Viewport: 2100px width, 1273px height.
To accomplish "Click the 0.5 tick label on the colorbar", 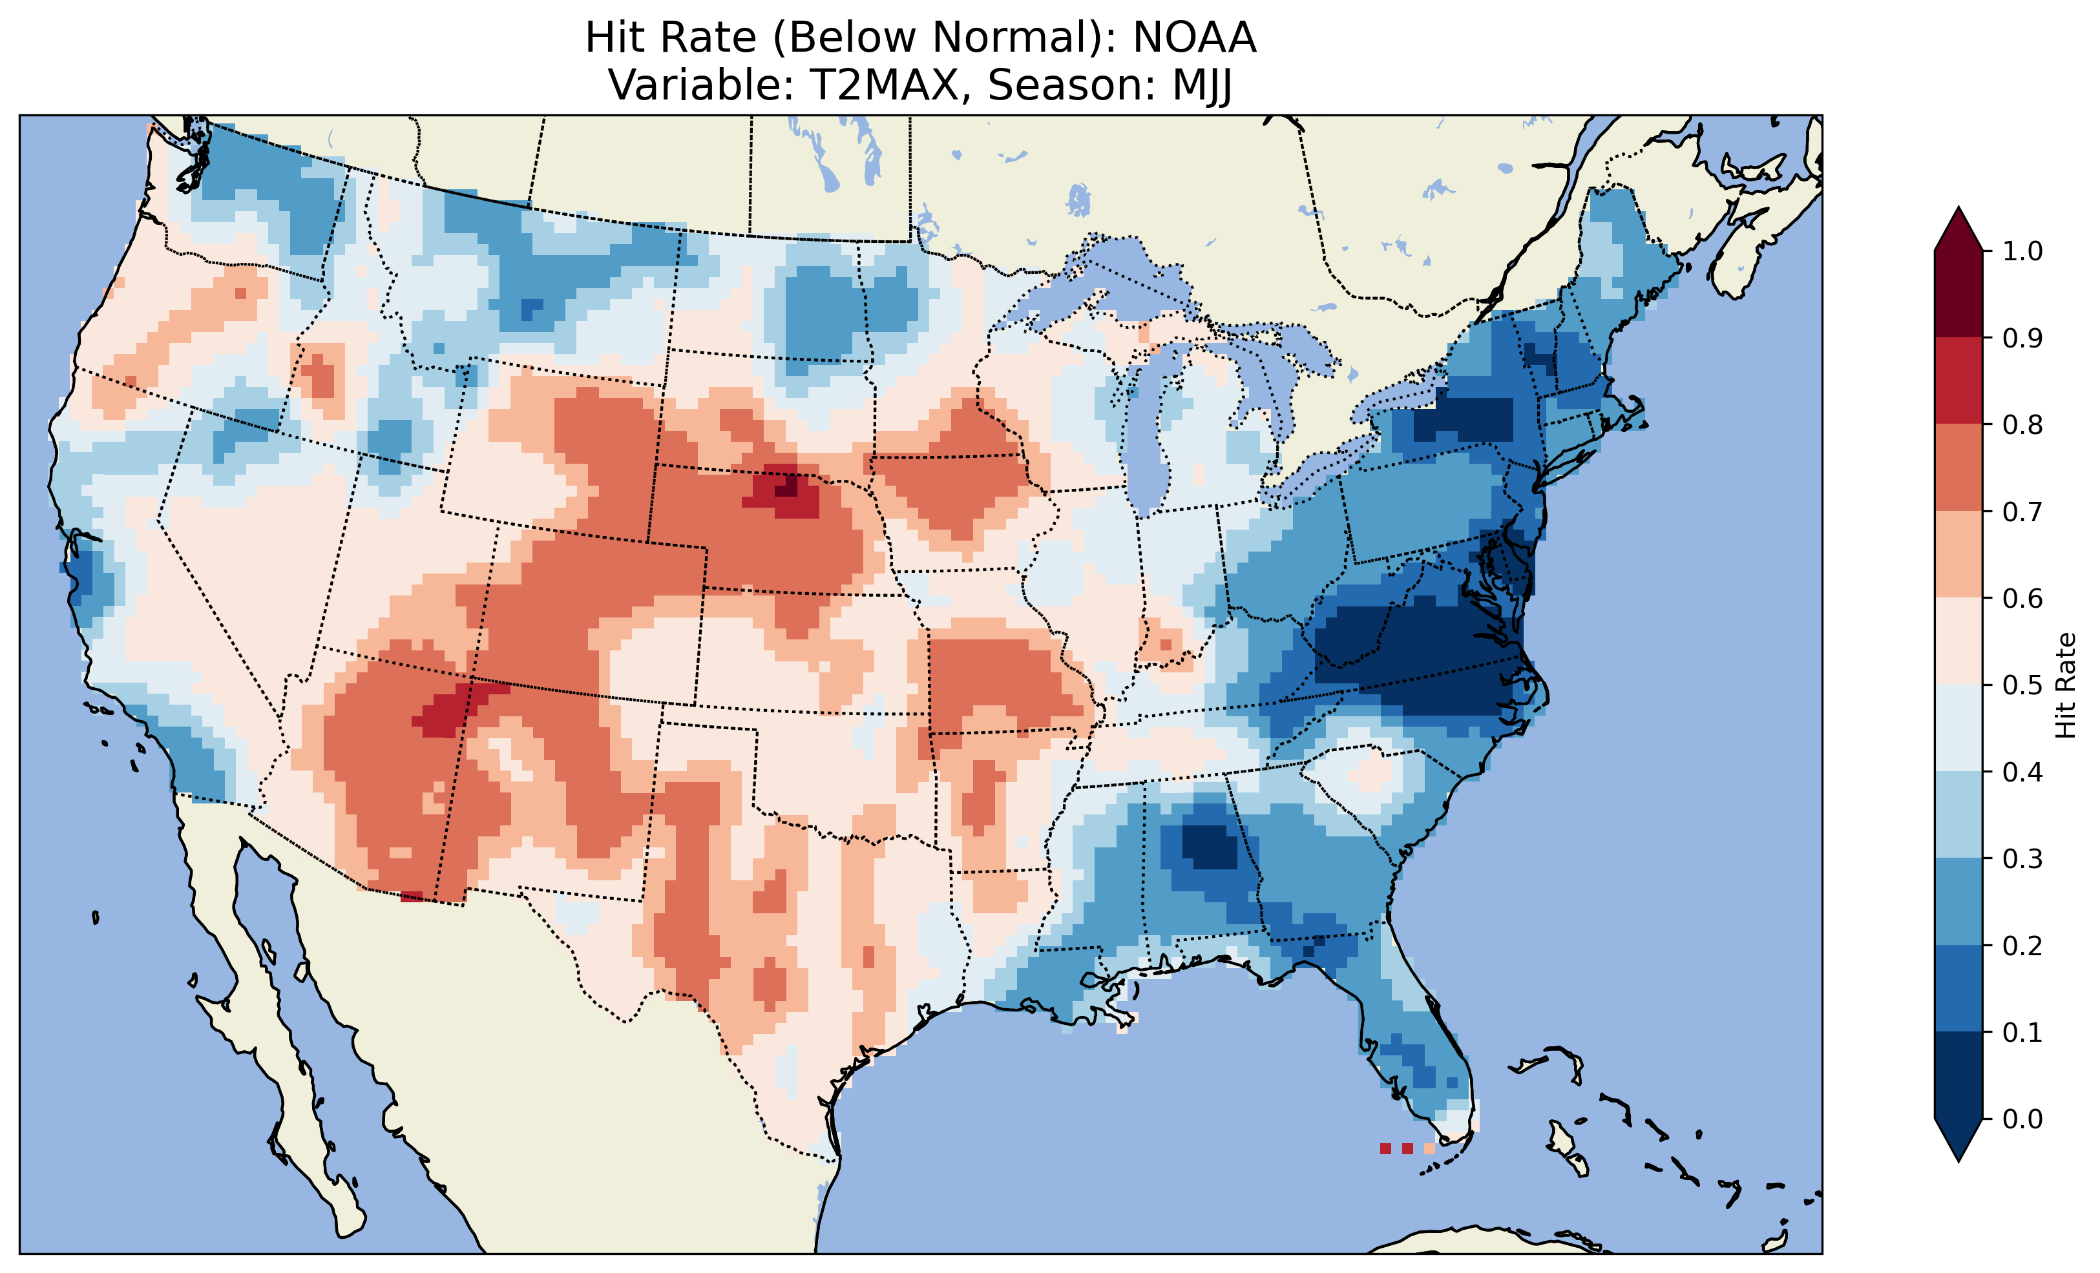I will pos(2022,685).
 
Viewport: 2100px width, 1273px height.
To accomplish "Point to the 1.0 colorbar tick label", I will pos(2022,251).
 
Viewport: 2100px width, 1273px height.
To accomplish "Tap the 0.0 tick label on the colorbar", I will pos(2022,1119).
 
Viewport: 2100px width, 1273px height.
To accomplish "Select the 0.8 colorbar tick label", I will pos(2022,424).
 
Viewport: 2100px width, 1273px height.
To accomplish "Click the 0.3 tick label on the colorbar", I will pos(2022,859).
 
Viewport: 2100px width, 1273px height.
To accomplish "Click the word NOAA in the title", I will pos(1194,38).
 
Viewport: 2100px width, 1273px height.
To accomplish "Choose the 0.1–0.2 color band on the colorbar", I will pos(1958,988).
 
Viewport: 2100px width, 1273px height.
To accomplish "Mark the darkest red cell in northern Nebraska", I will pos(789,486).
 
